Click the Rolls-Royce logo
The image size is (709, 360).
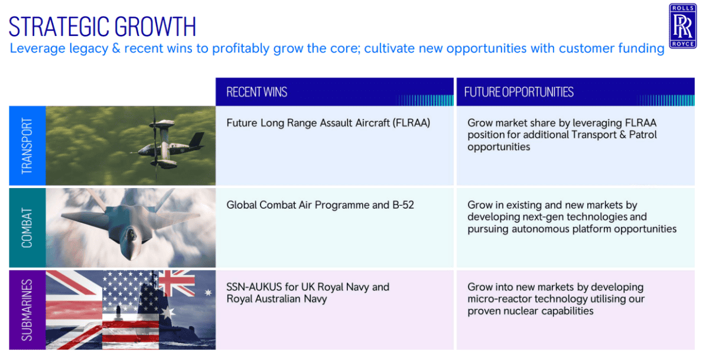click(683, 26)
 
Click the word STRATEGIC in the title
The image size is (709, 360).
click(58, 27)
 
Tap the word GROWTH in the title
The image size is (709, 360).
click(155, 27)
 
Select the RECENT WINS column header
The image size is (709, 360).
click(256, 92)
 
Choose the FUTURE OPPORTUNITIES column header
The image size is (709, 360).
click(519, 92)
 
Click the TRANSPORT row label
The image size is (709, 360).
click(27, 145)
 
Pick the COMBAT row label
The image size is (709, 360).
click(27, 228)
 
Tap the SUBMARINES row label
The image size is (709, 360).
click(27, 310)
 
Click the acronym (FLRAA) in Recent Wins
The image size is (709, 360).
click(411, 123)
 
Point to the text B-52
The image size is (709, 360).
click(403, 205)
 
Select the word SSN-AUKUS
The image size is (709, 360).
click(254, 287)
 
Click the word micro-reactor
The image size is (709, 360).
click(499, 299)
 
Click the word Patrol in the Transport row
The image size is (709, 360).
click(643, 135)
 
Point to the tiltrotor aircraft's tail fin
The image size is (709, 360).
click(197, 140)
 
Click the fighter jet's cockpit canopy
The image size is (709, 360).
click(131, 235)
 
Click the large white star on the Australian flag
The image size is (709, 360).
click(168, 313)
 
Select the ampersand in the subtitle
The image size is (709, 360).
click(116, 48)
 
